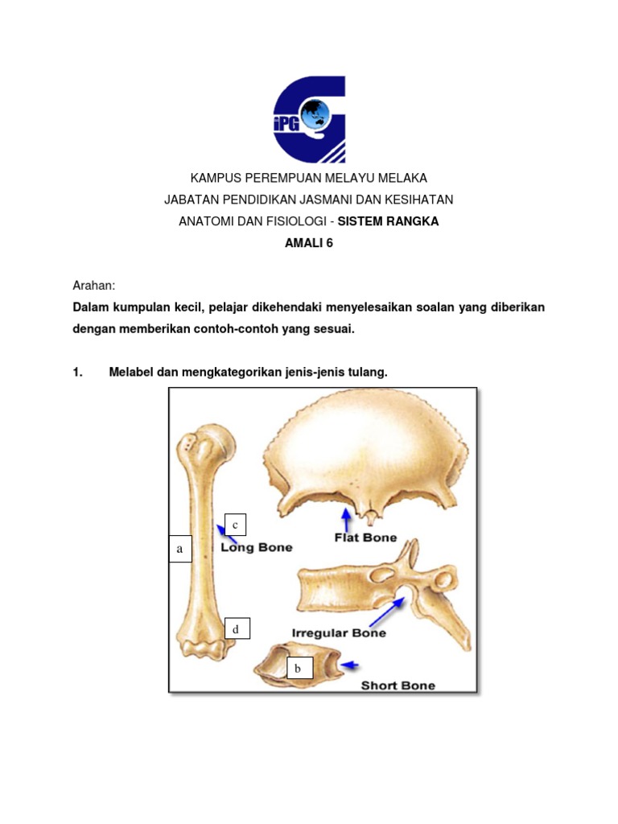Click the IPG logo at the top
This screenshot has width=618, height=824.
309,119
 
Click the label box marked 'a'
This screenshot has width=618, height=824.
180,549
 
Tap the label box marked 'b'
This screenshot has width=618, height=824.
298,668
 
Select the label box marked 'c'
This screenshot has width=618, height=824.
235,525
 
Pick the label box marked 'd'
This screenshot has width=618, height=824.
236,628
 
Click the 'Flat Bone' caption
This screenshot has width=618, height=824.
365,537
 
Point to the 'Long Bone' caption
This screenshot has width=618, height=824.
256,547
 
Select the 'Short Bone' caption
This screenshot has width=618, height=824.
398,686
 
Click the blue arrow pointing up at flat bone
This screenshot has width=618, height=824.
346,520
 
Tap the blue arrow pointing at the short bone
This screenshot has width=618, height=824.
351,665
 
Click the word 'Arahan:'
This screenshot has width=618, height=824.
94,286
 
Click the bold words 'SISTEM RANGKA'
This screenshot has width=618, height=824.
389,221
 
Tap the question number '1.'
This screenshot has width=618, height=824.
78,372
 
